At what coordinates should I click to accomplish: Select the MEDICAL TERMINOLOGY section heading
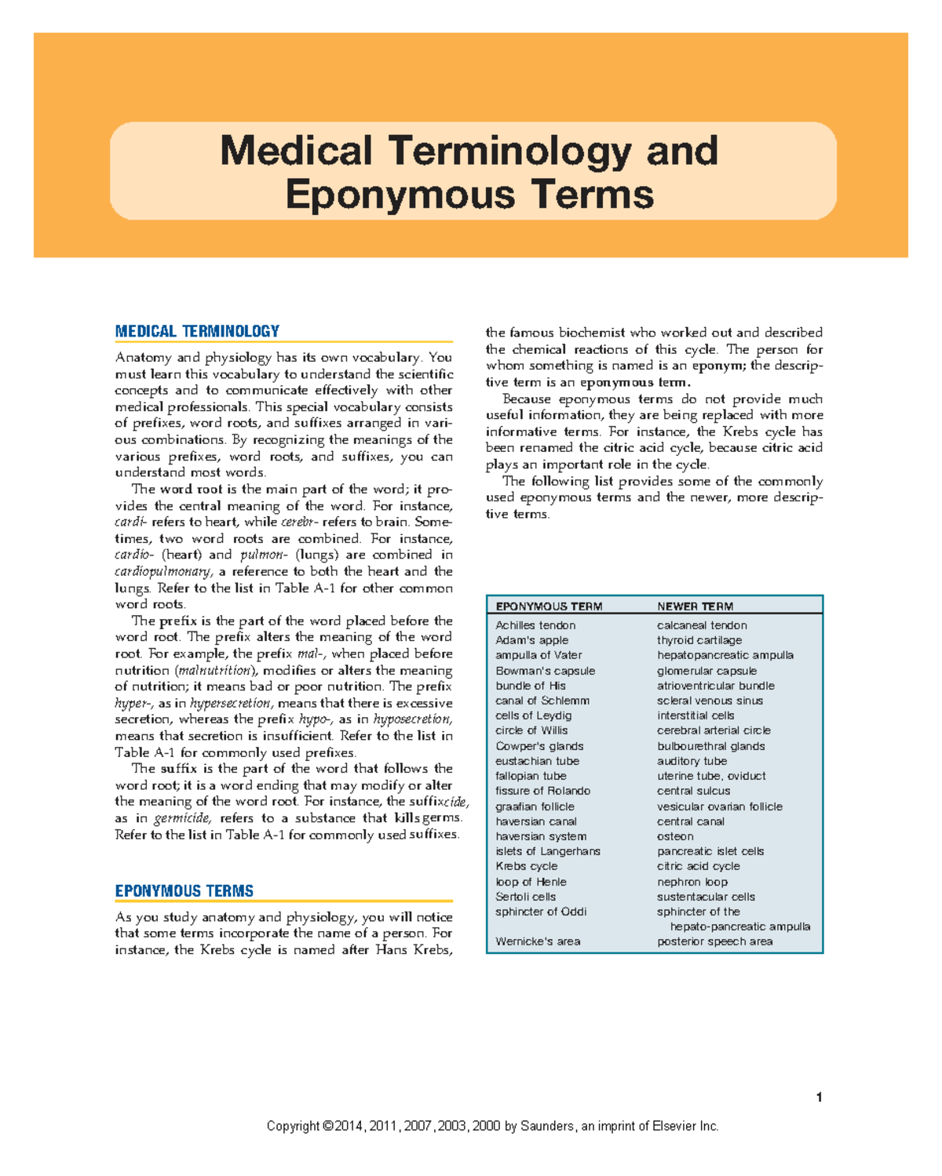(x=197, y=332)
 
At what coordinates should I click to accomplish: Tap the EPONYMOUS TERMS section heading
(x=184, y=891)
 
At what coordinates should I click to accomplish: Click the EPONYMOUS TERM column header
(x=549, y=606)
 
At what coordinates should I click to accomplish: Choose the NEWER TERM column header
(x=695, y=606)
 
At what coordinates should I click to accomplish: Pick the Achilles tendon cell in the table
(x=535, y=625)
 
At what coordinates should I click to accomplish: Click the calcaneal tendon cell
(x=702, y=625)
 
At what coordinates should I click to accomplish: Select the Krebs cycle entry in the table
(x=526, y=866)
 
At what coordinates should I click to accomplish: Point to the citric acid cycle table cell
(x=698, y=866)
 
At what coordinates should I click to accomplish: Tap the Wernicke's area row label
(x=538, y=941)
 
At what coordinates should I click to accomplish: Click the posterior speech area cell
(x=714, y=941)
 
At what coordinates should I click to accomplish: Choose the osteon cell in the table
(x=675, y=836)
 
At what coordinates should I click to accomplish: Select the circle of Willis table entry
(x=531, y=730)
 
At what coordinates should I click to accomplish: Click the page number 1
(x=819, y=1098)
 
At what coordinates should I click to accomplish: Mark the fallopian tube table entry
(x=531, y=776)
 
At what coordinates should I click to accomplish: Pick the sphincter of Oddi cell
(x=541, y=912)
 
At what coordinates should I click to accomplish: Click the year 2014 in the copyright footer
(x=349, y=1127)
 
